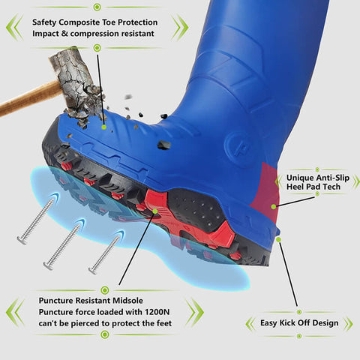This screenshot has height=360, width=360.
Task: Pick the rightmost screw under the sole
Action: pyautogui.click(x=105, y=252)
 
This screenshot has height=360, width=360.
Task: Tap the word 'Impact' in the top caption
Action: pyautogui.click(x=49, y=34)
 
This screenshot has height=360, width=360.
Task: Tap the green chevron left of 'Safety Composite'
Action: pyautogui.click(x=13, y=27)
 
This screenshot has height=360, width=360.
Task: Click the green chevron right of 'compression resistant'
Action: pyautogui.click(x=180, y=27)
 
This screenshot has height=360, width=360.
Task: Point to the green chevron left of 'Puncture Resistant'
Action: pyautogui.click(x=13, y=311)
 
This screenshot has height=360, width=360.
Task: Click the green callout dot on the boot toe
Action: pyautogui.click(x=104, y=125)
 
